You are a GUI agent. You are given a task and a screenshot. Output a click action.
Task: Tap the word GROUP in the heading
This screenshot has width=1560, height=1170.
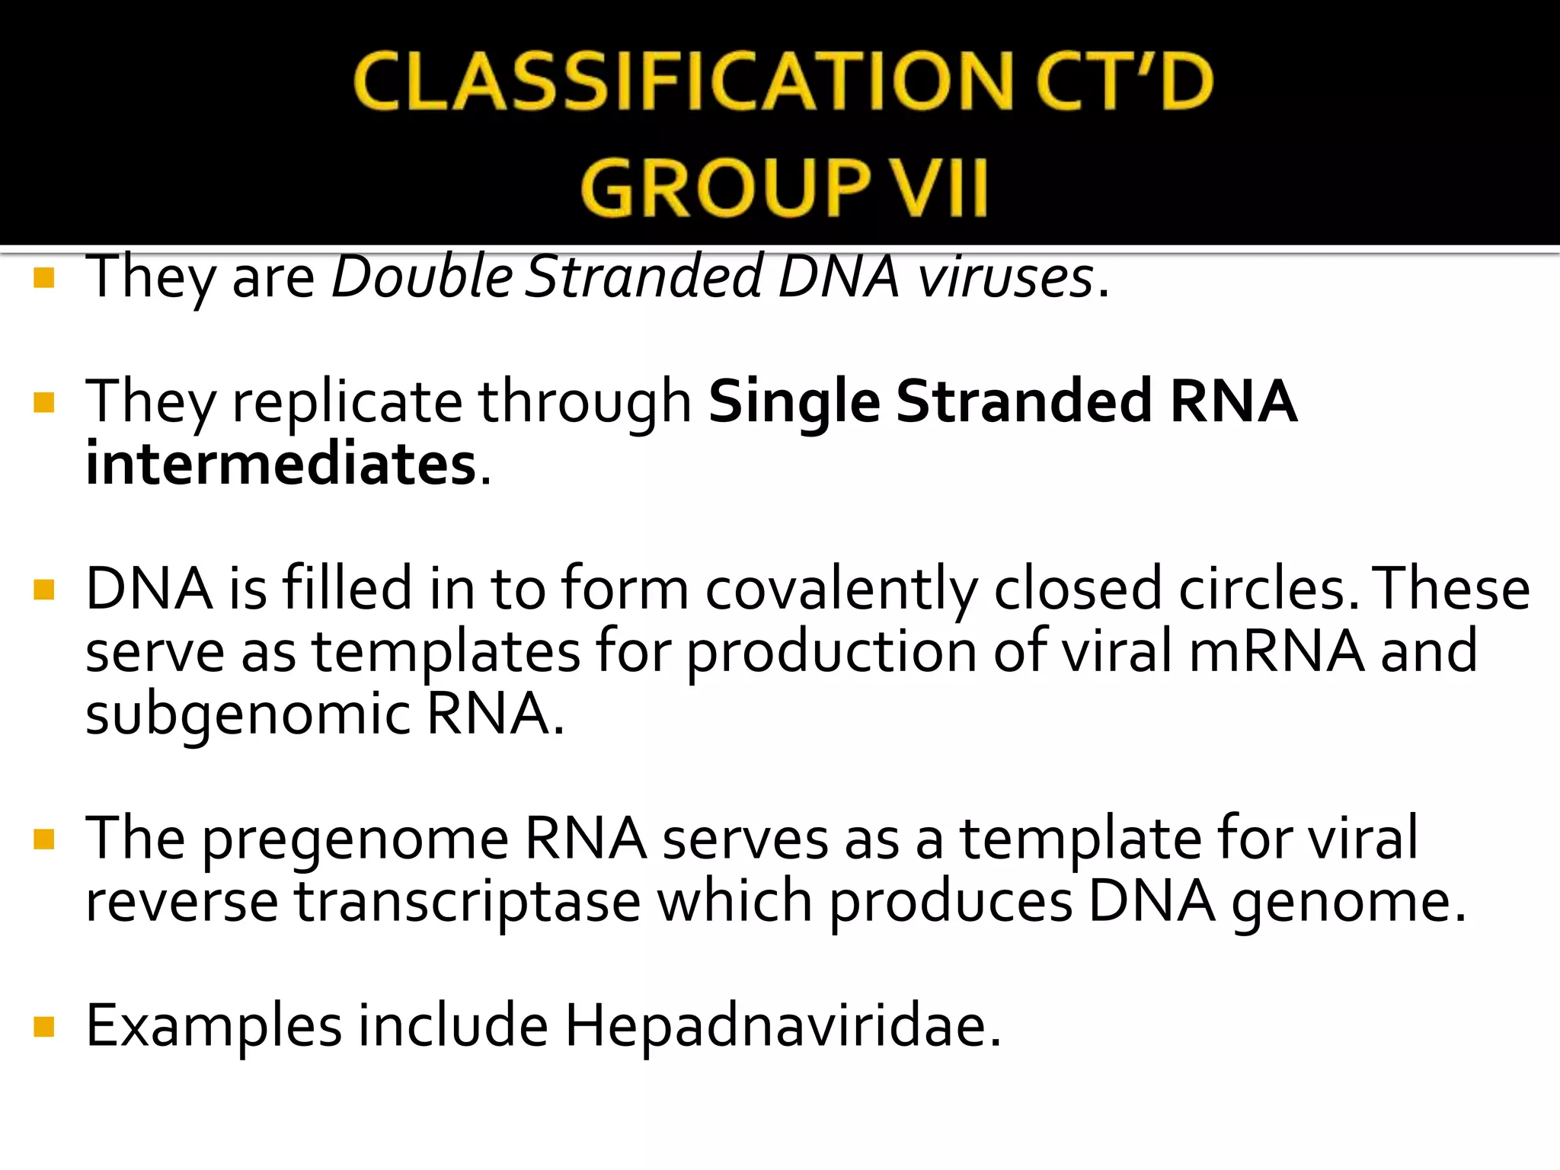(x=725, y=188)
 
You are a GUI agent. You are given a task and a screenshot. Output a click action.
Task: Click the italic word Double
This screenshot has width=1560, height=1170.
(x=424, y=277)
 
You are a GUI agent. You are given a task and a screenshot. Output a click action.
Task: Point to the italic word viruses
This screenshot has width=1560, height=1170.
(x=1005, y=277)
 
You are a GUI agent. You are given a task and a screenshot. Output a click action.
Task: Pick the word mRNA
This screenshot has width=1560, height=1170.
(x=1277, y=651)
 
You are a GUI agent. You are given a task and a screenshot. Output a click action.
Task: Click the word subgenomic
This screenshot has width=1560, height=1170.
(x=248, y=714)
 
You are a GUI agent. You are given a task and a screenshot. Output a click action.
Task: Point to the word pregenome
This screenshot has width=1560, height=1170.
(x=355, y=839)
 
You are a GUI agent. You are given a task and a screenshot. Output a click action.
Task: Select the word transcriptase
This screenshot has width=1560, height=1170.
(x=468, y=901)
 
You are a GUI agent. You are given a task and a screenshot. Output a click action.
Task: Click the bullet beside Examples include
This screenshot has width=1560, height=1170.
(x=45, y=1028)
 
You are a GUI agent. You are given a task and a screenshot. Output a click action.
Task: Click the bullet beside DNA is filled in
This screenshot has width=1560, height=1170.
(x=45, y=590)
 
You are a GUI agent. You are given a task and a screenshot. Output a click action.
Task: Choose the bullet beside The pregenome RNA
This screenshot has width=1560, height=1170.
(x=45, y=839)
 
